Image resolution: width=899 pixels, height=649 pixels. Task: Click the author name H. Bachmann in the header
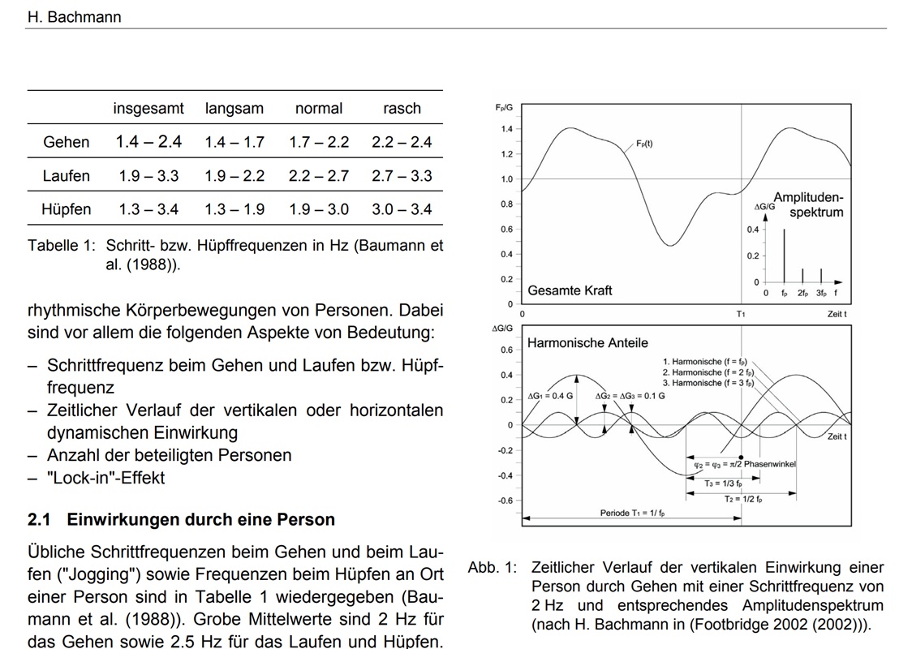[74, 17]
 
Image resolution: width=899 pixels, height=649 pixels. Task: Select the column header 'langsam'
[234, 109]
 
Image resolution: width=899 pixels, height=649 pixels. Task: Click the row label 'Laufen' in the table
[67, 176]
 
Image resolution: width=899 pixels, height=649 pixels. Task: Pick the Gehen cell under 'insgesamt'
[148, 142]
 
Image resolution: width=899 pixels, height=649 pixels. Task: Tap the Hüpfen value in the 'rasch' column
[402, 209]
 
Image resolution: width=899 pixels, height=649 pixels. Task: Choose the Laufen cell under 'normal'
[319, 176]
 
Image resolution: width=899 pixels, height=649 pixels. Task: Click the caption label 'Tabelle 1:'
[61, 246]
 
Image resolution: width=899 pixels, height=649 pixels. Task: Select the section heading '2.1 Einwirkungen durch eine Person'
[181, 519]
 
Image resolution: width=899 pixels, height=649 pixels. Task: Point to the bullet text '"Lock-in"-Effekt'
[105, 478]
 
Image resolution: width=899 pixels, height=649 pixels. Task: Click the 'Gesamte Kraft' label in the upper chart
[570, 290]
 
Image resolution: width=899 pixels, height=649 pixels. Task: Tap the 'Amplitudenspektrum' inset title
[808, 204]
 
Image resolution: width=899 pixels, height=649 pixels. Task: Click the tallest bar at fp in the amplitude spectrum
[784, 255]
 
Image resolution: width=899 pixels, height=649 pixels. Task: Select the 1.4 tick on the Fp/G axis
[507, 129]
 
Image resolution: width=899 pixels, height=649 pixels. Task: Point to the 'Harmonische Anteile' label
[587, 343]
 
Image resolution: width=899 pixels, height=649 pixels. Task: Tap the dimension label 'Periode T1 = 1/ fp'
[639, 514]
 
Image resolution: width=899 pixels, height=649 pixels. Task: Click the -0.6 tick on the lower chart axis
[505, 501]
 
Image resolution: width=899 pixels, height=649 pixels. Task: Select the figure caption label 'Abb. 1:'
[492, 568]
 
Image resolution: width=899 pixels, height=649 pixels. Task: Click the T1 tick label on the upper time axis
[741, 314]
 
